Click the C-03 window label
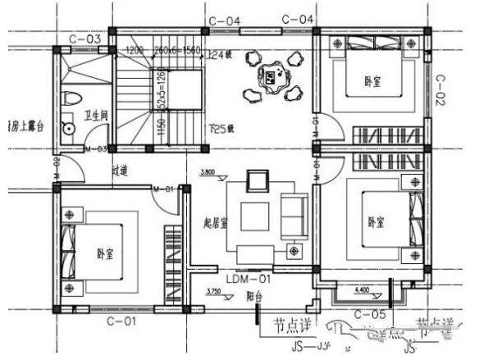click(84, 39)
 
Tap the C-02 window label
click(440, 89)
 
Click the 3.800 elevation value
click(208, 173)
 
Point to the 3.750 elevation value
click(213, 292)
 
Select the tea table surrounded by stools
click(270, 78)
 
